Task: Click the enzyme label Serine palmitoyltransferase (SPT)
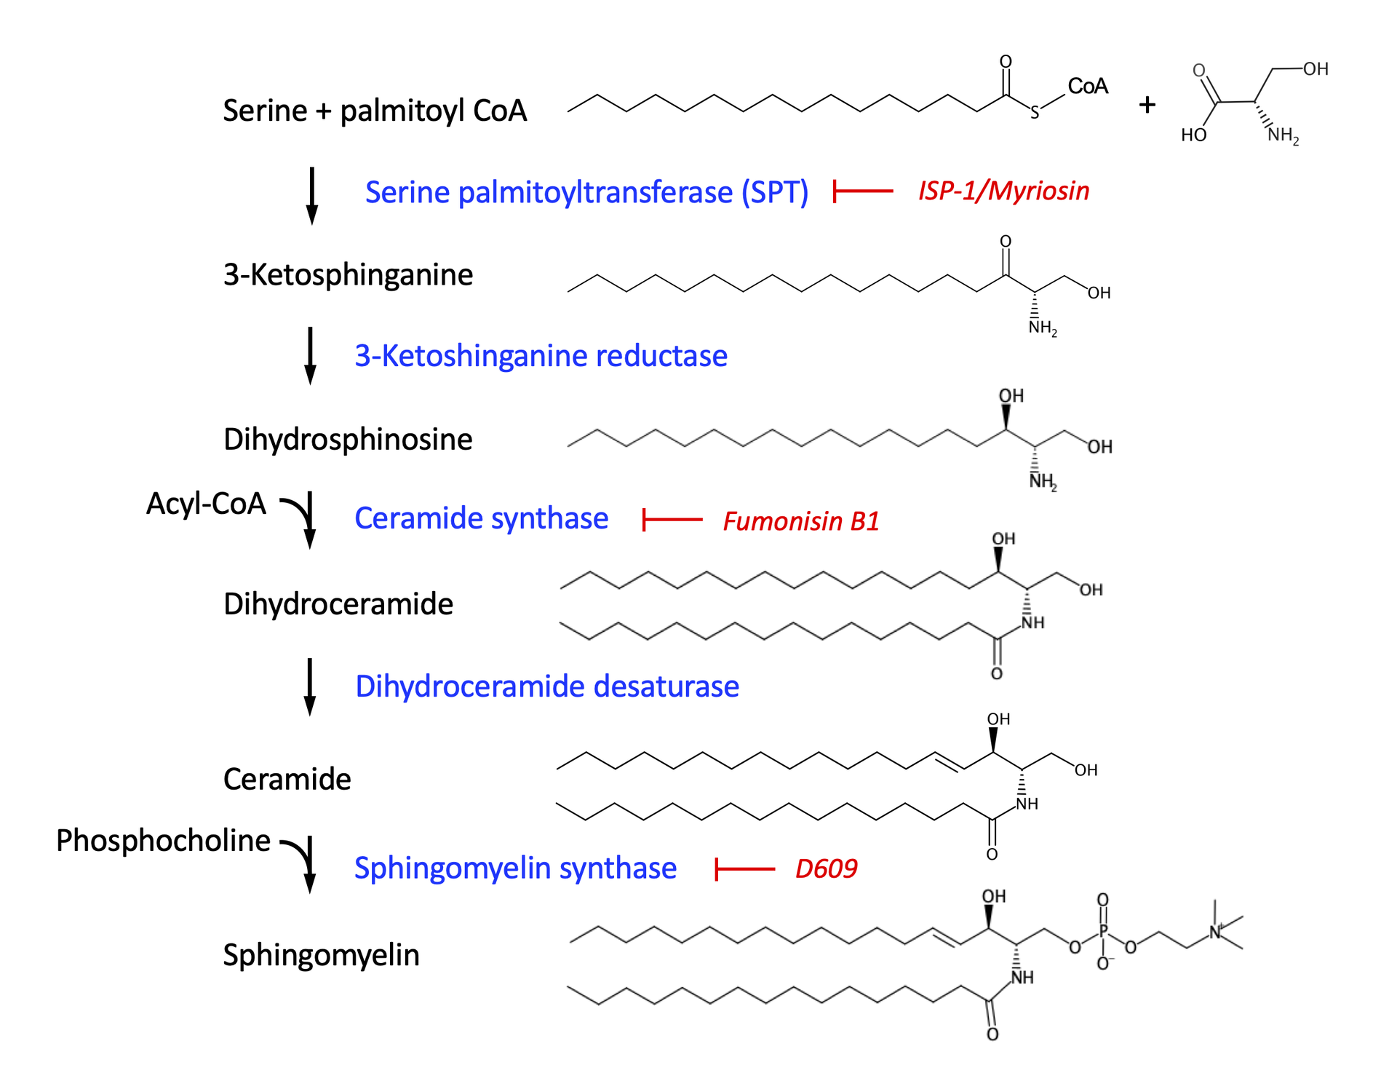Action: click(586, 192)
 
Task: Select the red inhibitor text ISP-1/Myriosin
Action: click(1003, 191)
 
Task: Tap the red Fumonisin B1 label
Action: click(800, 521)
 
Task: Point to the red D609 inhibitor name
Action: click(826, 868)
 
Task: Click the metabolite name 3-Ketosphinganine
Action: click(348, 275)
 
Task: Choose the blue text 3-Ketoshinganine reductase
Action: click(541, 356)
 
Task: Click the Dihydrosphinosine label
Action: click(348, 440)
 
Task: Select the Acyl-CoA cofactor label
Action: click(206, 504)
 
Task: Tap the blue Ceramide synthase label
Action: click(481, 518)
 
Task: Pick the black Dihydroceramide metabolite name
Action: click(338, 604)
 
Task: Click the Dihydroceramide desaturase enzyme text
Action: click(547, 686)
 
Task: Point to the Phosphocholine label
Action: click(163, 841)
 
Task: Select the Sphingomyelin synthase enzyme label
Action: click(515, 868)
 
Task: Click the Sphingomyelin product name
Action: click(321, 955)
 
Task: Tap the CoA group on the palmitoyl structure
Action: click(1087, 87)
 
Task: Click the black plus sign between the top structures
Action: click(1147, 105)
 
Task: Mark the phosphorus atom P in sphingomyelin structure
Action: click(1103, 931)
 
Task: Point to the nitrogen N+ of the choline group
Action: click(1215, 931)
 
